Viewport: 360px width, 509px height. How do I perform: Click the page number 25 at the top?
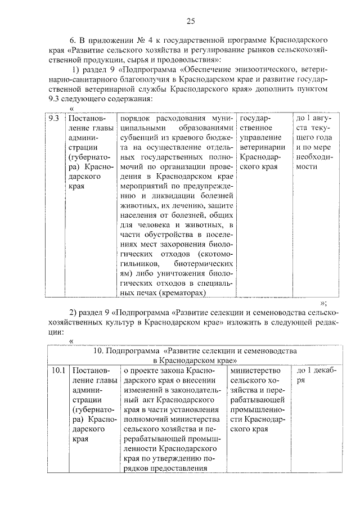[190, 21]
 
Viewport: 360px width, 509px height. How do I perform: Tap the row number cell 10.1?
[55, 371]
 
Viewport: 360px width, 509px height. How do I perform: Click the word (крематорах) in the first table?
[183, 292]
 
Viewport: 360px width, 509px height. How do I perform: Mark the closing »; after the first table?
[323, 302]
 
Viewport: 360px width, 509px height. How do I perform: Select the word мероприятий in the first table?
[144, 197]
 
